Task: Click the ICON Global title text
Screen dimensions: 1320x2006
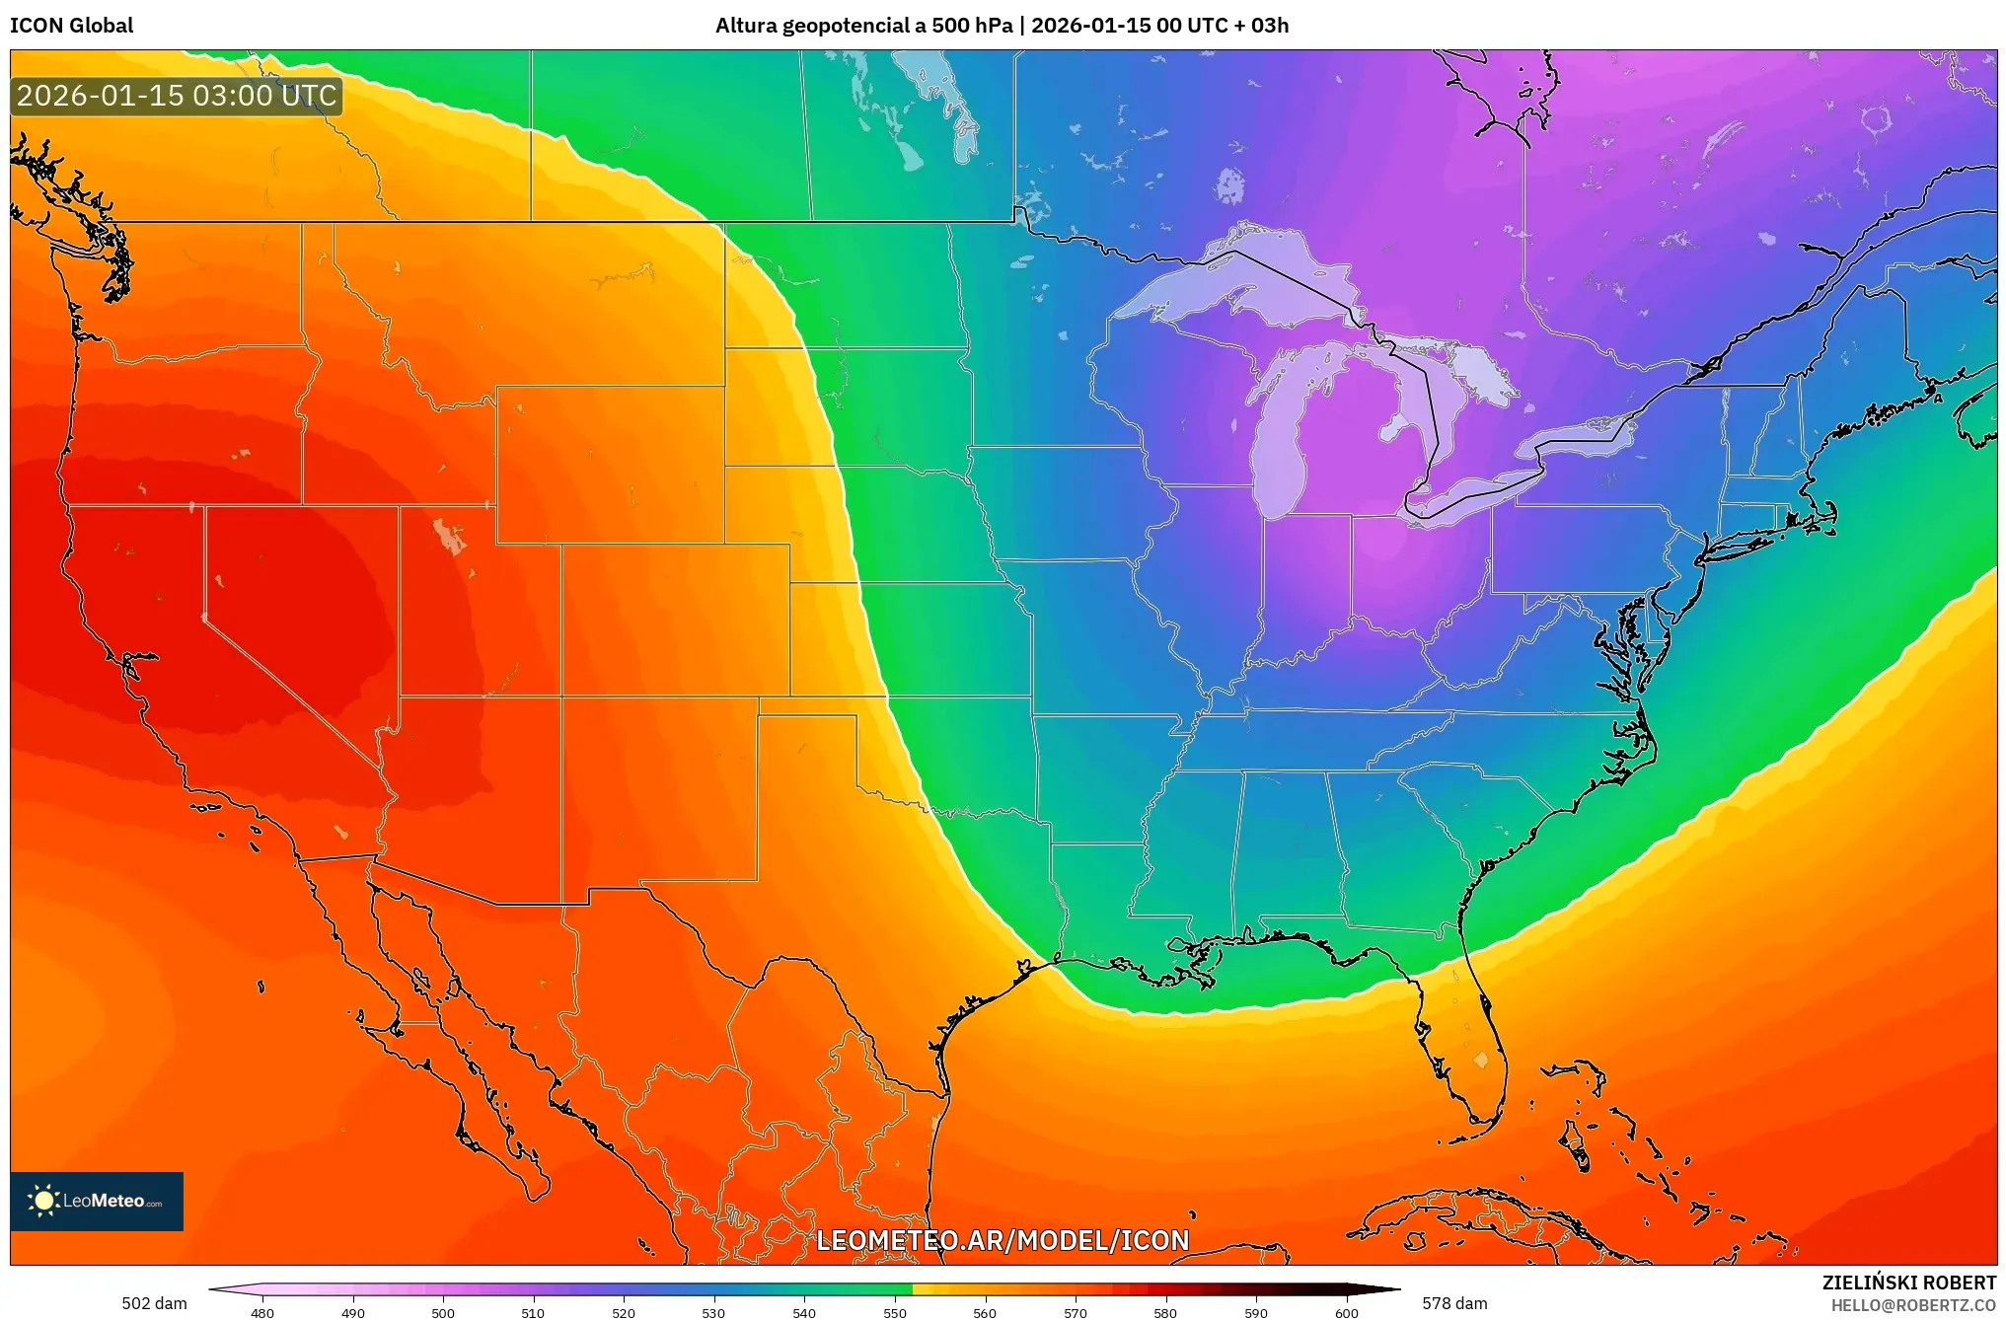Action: pyautogui.click(x=71, y=26)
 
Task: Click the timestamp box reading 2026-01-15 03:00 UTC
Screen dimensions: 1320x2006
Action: pyautogui.click(x=177, y=96)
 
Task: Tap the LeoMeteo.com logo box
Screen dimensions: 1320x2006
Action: pyautogui.click(x=97, y=1201)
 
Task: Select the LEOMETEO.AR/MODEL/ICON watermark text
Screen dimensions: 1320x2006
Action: pyautogui.click(x=1003, y=1240)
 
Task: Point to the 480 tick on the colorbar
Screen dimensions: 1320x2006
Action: pyautogui.click(x=262, y=1312)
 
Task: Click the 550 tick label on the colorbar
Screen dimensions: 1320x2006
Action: pyautogui.click(x=894, y=1312)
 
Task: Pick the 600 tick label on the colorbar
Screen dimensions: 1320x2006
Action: pyautogui.click(x=1346, y=1312)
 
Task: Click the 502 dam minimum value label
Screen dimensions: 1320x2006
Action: pyautogui.click(x=154, y=1303)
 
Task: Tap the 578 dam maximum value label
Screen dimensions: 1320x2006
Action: pyautogui.click(x=1454, y=1303)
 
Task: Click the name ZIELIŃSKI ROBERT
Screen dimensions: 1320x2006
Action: pyautogui.click(x=1908, y=1283)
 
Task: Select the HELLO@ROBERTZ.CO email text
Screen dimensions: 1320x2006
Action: pyautogui.click(x=1913, y=1305)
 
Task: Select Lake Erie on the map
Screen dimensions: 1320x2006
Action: pyautogui.click(x=1480, y=488)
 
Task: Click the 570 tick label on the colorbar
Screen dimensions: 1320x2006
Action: pyautogui.click(x=1075, y=1312)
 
